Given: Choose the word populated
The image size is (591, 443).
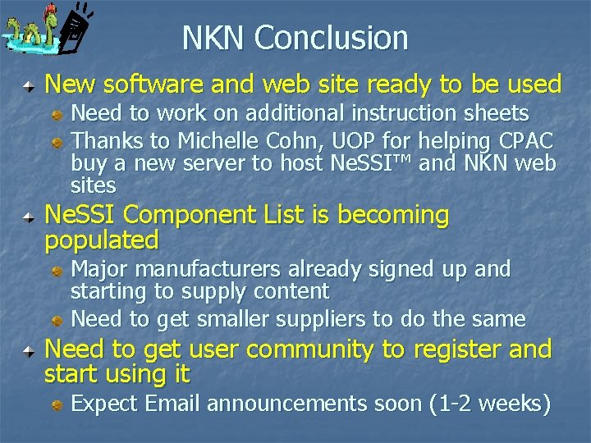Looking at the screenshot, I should click(102, 241).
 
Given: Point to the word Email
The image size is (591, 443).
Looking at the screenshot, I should click(171, 404).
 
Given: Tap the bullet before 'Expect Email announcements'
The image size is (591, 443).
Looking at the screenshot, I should click(59, 404).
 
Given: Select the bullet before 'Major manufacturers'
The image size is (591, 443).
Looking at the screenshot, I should click(59, 269).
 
